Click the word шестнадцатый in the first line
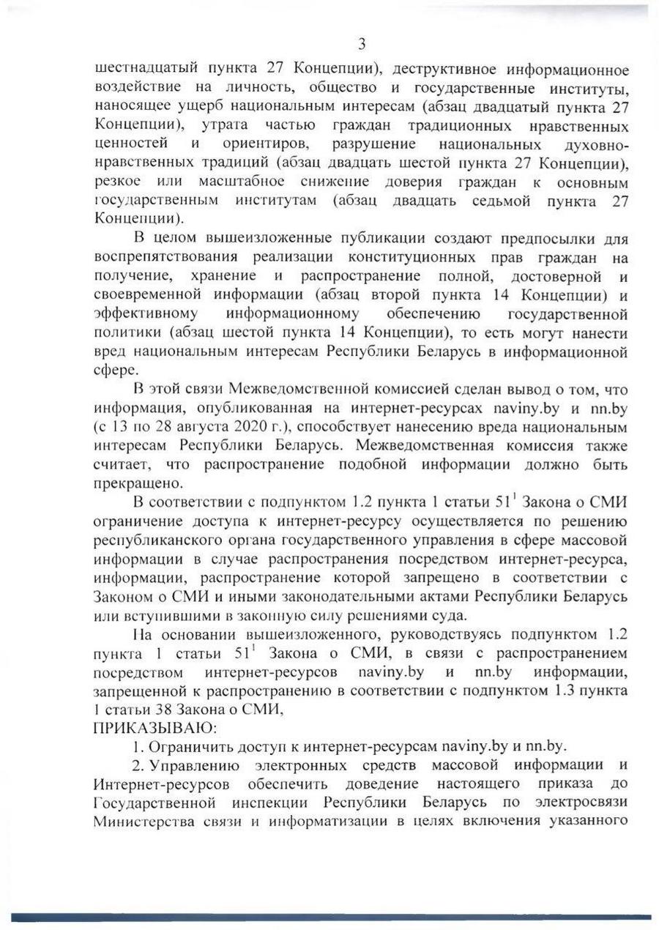click(142, 70)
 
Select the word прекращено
click(138, 483)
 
